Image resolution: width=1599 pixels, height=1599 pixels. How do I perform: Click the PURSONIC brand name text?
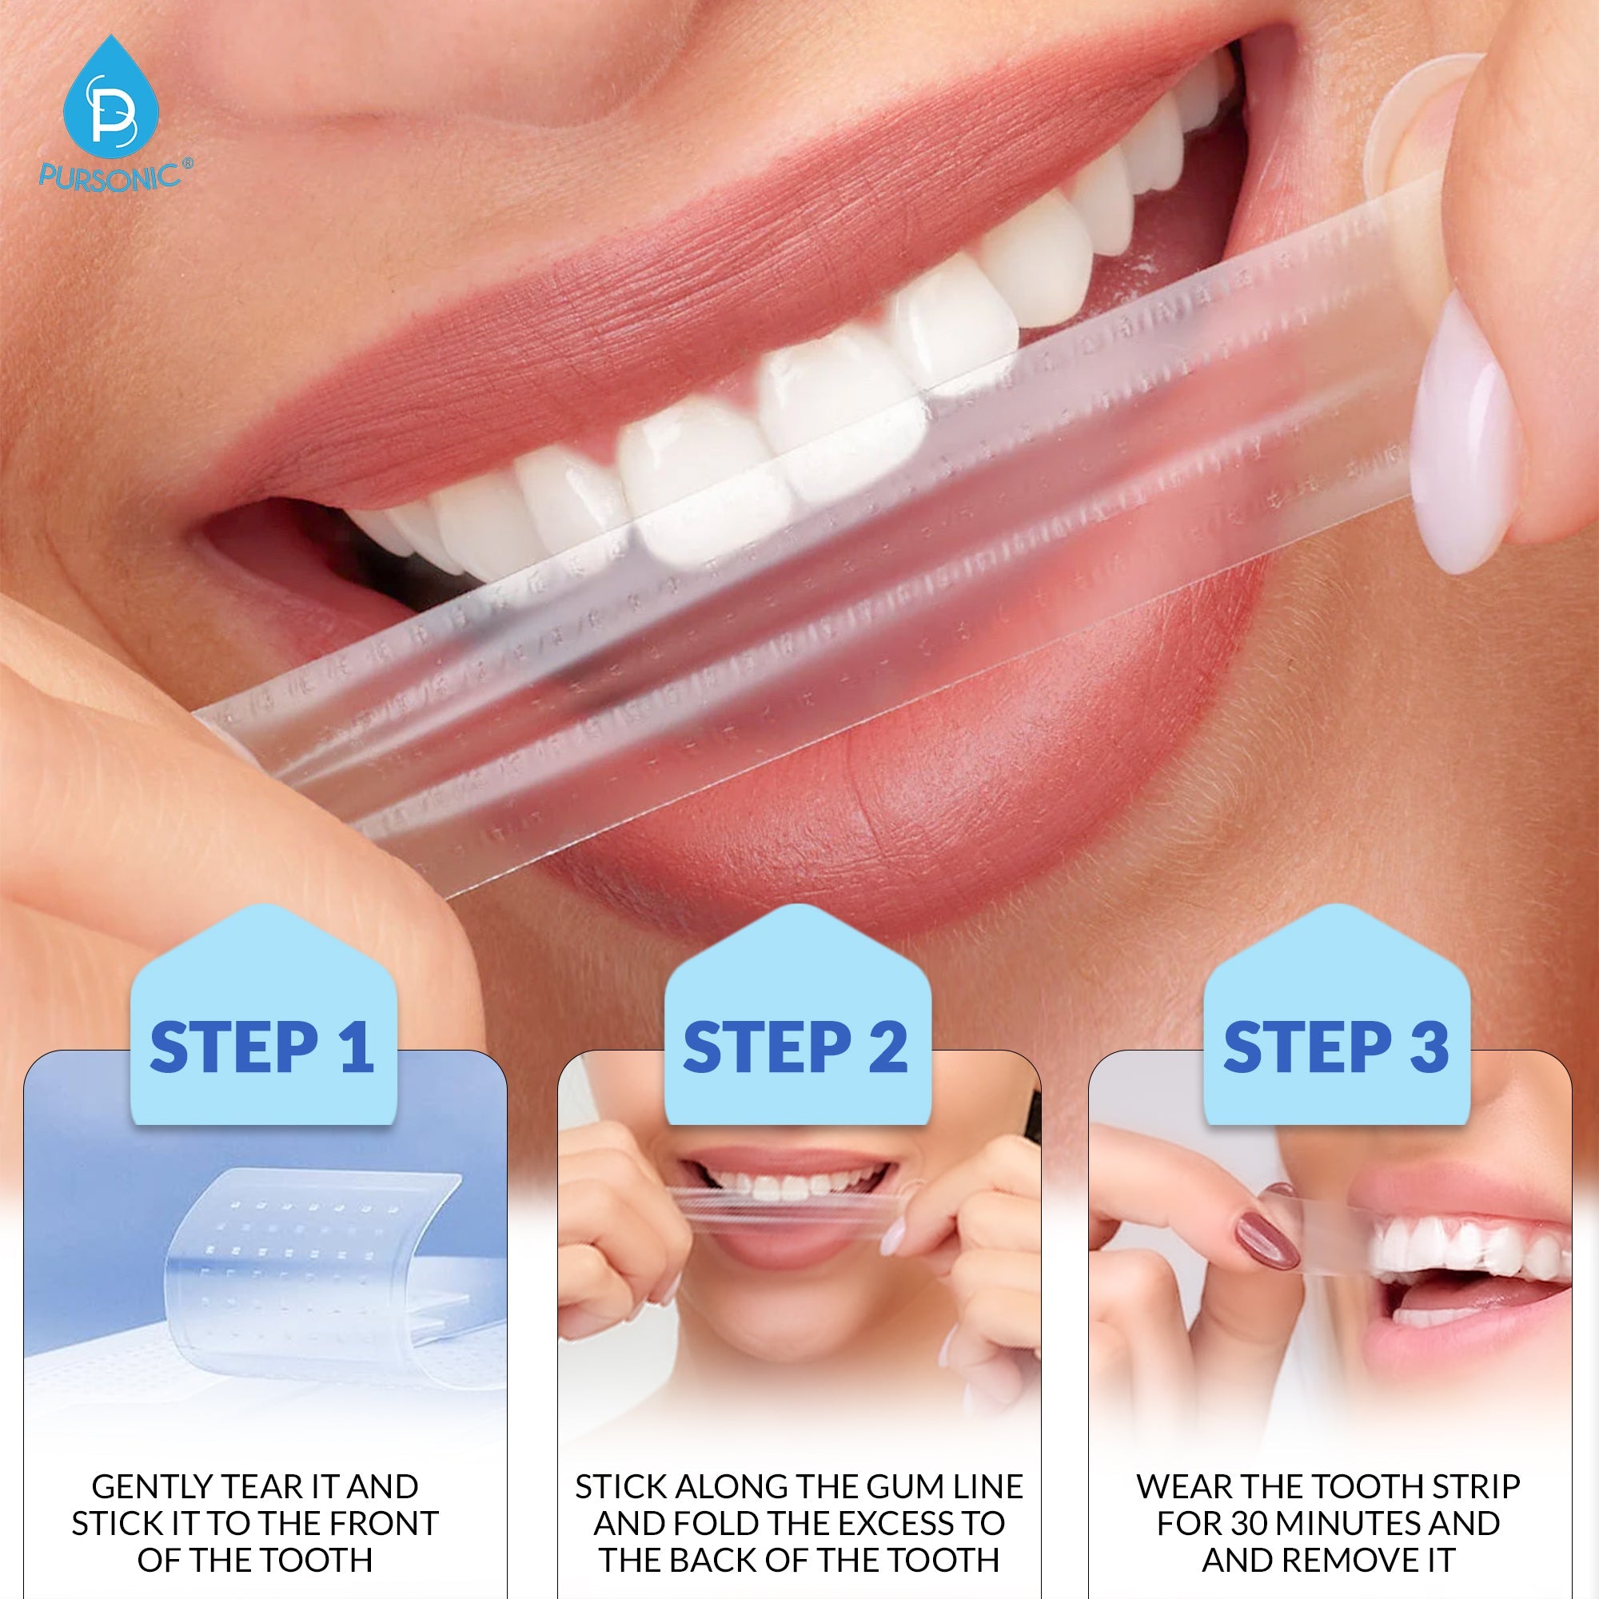(110, 176)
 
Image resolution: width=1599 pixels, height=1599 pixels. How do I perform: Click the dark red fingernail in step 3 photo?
(1266, 1242)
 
